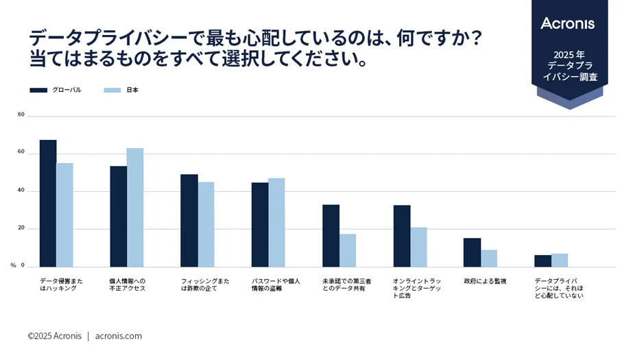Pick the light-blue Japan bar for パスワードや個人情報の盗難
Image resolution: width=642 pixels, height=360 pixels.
pyautogui.click(x=276, y=222)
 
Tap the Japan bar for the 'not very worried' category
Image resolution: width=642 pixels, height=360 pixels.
pyautogui.click(x=560, y=260)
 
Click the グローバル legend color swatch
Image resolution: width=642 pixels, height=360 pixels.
pyautogui.click(x=38, y=90)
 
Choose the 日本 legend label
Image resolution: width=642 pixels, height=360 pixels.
pyautogui.click(x=132, y=90)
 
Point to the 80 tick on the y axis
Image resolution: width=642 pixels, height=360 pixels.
pyautogui.click(x=21, y=115)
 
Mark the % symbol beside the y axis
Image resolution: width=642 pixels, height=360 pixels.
pyautogui.click(x=13, y=265)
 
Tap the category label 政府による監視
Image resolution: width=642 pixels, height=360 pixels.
pyautogui.click(x=485, y=281)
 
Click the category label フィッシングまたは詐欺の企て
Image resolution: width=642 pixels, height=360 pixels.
pyautogui.click(x=205, y=285)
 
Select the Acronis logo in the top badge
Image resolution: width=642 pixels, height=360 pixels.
pyautogui.click(x=569, y=23)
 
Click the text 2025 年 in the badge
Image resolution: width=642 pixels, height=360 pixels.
pyautogui.click(x=569, y=53)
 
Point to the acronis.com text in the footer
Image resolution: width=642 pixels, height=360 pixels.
pyautogui.click(x=119, y=336)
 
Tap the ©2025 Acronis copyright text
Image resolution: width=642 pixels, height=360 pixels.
pyautogui.click(x=54, y=336)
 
